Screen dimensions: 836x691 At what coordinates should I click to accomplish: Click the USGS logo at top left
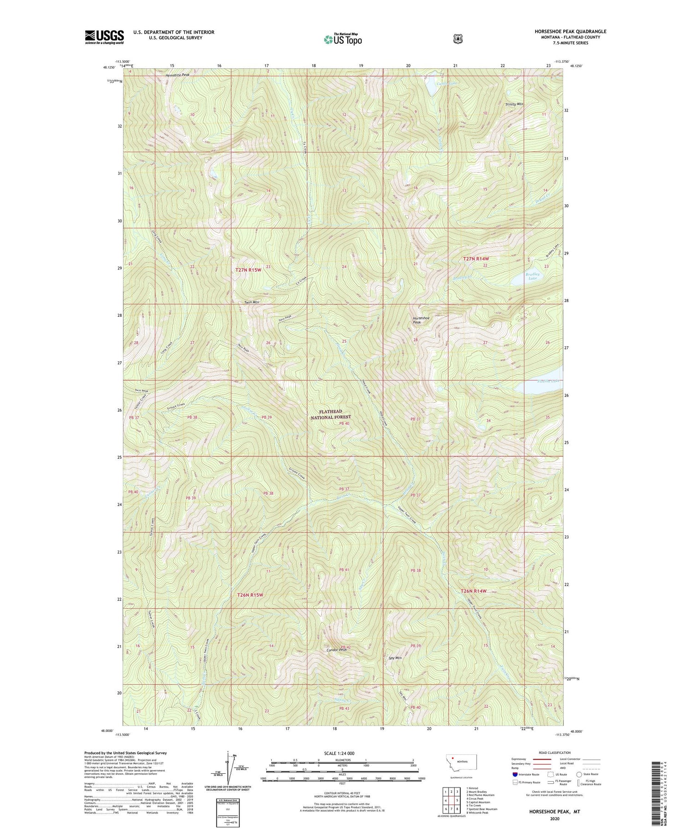pos(104,37)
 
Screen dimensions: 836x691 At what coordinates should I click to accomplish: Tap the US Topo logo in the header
pos(343,40)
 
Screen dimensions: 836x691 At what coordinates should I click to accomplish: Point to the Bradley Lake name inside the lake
pos(533,276)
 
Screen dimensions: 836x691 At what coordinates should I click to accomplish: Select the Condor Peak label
pos(336,649)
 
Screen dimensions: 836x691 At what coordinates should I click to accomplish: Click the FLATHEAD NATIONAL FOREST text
pos(331,414)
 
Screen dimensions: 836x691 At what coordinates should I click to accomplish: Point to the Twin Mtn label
pos(252,302)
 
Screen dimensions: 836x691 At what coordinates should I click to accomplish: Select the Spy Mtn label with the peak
pos(395,658)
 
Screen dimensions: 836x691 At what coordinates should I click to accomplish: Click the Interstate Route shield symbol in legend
pos(515,774)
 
